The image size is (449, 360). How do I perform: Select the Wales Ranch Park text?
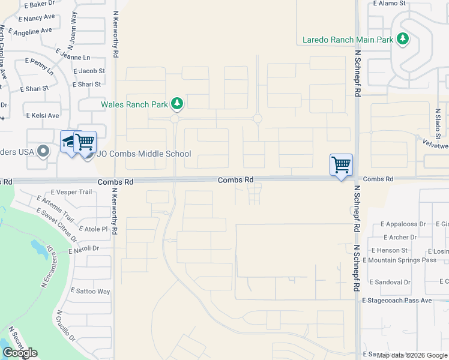coord(134,104)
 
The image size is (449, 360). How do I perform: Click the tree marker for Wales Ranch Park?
coord(177,104)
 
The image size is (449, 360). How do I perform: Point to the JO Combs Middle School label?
coord(144,154)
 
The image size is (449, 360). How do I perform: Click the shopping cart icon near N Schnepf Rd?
coord(341,164)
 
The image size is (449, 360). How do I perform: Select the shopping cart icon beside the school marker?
coord(85,142)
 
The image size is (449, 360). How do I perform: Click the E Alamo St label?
coord(389,3)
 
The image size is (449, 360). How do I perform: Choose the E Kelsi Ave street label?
coord(42,115)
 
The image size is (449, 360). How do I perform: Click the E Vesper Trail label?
coord(71,192)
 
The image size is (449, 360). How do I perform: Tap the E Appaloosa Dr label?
coord(403,223)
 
